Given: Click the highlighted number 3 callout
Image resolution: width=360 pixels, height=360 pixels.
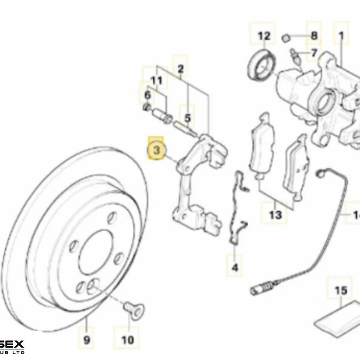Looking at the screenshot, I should click(x=157, y=150).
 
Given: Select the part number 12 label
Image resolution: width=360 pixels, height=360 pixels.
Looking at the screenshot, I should click(x=264, y=36).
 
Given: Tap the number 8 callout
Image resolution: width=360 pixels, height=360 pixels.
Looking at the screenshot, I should click(x=313, y=36).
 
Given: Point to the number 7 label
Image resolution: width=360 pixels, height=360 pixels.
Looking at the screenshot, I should click(x=314, y=52).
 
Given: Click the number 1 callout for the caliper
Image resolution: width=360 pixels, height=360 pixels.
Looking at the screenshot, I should click(x=341, y=36).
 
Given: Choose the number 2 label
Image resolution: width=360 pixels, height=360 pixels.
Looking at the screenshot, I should click(x=181, y=69).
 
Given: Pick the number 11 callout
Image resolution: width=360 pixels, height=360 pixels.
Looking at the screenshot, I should click(x=156, y=80).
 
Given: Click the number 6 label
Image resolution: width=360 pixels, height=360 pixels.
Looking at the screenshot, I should click(x=147, y=95).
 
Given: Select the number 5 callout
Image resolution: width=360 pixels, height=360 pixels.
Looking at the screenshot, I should click(x=188, y=118).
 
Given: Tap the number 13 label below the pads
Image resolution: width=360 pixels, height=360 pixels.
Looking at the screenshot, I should click(x=275, y=215).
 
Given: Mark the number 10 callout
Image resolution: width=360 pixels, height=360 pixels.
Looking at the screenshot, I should click(x=128, y=339).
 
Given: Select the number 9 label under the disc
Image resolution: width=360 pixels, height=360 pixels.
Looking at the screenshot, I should click(x=86, y=339).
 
